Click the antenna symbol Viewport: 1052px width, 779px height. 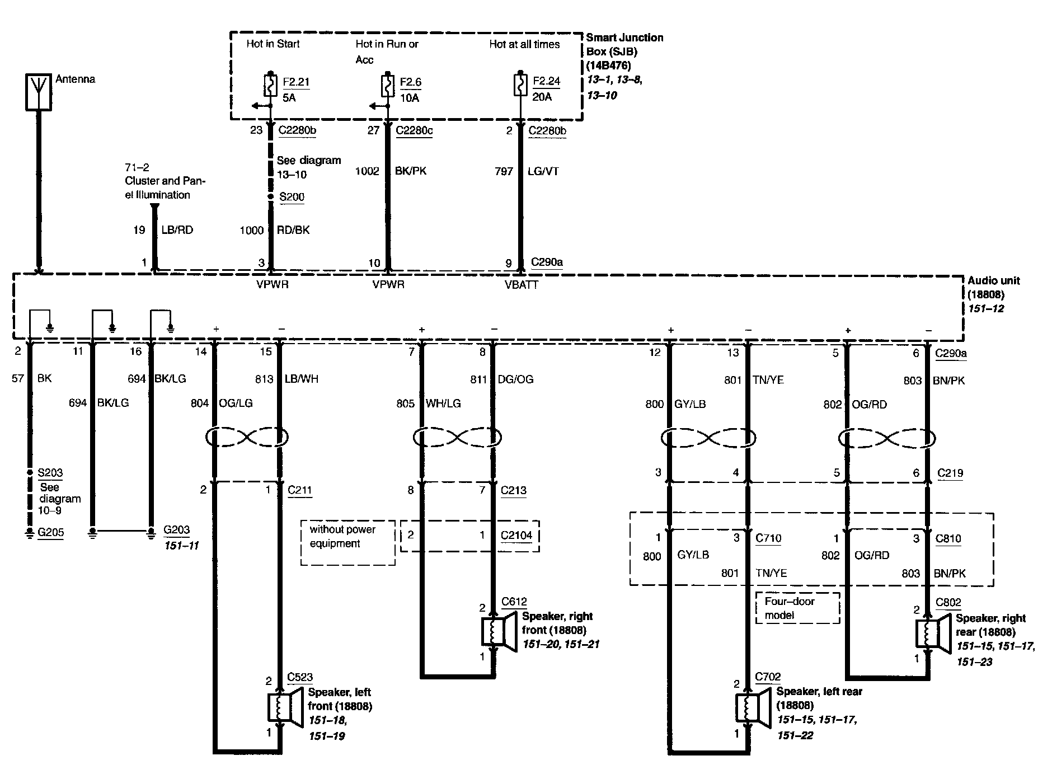pyautogui.click(x=38, y=91)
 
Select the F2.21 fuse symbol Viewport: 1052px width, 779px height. pyautogui.click(x=270, y=87)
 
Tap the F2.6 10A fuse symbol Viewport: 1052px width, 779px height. pyautogui.click(x=387, y=87)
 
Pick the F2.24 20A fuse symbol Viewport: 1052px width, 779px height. pyautogui.click(x=520, y=87)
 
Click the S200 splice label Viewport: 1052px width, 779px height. pyautogui.click(x=292, y=197)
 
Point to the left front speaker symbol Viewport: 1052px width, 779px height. pyautogui.click(x=282, y=707)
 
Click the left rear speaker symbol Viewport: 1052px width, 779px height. pyautogui.click(x=750, y=708)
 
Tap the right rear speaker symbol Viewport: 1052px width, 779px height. pyautogui.click(x=931, y=633)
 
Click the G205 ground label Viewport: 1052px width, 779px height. pyautogui.click(x=51, y=532)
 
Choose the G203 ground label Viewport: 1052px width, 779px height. pyautogui.click(x=176, y=529)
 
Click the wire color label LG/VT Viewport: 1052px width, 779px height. pyautogui.click(x=543, y=171)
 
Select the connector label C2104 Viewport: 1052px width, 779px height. pyautogui.click(x=516, y=535)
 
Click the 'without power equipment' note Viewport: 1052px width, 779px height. pyautogui.click(x=342, y=536)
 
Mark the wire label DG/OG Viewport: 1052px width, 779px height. pyautogui.click(x=515, y=379)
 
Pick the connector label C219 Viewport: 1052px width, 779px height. pyautogui.click(x=950, y=473)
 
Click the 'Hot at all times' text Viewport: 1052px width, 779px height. pyautogui.click(x=524, y=44)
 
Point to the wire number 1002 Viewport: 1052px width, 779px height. pyautogui.click(x=367, y=171)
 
